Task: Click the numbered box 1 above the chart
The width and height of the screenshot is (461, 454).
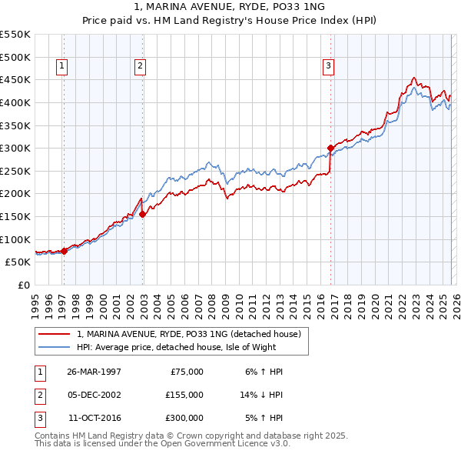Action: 61,67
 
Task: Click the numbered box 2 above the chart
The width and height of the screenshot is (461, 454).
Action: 140,67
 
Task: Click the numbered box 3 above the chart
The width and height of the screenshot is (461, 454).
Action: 328,67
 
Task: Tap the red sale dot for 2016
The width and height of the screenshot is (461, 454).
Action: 330,148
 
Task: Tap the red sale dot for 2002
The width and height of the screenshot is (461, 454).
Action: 143,214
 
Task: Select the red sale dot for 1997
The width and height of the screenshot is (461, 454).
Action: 65,250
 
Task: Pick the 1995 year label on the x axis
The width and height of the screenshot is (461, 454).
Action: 35,301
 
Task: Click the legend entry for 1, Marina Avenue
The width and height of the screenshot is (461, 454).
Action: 192,334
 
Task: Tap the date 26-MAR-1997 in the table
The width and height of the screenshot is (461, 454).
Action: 94,372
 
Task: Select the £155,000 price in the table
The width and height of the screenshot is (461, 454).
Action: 184,395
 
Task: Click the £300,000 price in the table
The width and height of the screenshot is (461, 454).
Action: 184,418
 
